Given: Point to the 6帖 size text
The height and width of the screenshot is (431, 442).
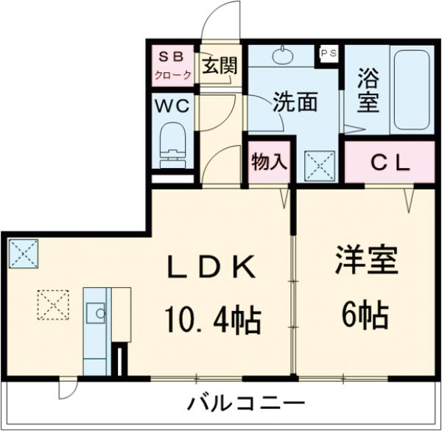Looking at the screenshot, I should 364,317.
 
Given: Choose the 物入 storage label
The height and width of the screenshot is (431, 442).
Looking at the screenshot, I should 268,161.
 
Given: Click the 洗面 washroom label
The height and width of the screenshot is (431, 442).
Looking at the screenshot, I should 295,102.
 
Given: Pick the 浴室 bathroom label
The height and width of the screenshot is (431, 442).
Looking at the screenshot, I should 368,91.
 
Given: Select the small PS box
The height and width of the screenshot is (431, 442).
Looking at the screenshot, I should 328,53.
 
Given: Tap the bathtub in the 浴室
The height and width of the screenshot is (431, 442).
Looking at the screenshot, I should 412,91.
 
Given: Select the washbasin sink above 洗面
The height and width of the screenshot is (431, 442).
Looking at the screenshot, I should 283,55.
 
